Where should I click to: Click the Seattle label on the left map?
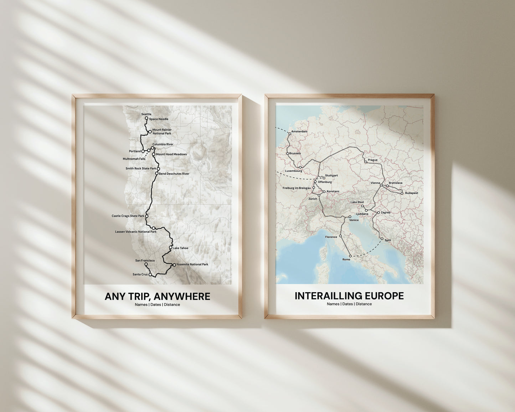[146, 114]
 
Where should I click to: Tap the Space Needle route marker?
[146, 118]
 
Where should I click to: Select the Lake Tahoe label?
[180, 248]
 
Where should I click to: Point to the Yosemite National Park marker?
[174, 265]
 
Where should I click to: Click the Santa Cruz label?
[140, 274]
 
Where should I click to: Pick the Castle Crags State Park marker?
[146, 216]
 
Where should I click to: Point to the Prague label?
[372, 160]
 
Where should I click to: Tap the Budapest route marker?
[402, 193]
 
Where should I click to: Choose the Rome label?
[346, 259]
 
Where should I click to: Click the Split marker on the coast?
[381, 239]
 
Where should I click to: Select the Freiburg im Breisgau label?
[297, 188]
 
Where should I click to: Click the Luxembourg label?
[294, 171]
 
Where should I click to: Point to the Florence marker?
[340, 236]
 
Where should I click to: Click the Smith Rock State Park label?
[141, 169]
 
